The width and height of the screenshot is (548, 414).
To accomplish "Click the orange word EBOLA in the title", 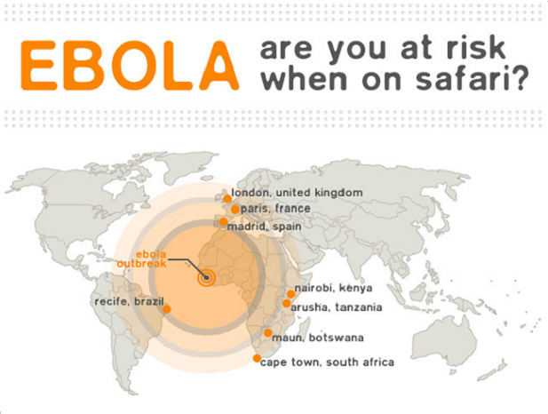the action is click(x=130, y=66).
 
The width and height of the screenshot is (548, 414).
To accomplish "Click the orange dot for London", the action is click(x=227, y=199).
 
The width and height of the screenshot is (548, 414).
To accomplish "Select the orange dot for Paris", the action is click(x=235, y=210).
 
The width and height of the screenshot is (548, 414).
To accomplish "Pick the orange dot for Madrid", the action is click(x=223, y=222).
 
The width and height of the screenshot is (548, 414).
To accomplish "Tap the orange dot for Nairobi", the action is click(x=290, y=294).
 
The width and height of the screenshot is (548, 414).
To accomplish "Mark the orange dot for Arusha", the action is click(x=287, y=303).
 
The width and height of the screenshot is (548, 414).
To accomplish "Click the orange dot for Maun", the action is click(x=268, y=333).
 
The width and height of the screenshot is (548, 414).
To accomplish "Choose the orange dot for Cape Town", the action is click(x=257, y=358).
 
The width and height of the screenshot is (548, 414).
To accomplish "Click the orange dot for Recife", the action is click(x=167, y=309).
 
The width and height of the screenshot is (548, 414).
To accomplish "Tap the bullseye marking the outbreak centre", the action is click(x=206, y=278).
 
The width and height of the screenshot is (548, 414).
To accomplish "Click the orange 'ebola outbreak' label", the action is click(x=142, y=259).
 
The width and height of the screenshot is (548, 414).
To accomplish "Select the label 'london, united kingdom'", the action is click(x=297, y=193).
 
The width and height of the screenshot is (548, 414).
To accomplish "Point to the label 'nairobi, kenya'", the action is click(x=333, y=289).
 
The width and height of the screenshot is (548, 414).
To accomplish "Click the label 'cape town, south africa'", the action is click(x=328, y=362).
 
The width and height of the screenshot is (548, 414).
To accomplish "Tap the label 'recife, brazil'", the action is click(x=130, y=301).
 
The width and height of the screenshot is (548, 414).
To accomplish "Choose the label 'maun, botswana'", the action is click(x=318, y=338).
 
